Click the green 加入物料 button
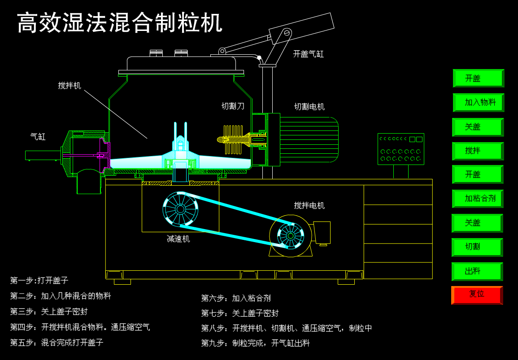pyautogui.click(x=479, y=103)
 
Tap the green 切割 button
pyautogui.click(x=477, y=247)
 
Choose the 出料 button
pyautogui.click(x=477, y=271)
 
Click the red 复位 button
pyautogui.click(x=477, y=295)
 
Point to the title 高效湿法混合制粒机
pyautogui.click(x=120, y=23)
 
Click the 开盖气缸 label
pyautogui.click(x=308, y=54)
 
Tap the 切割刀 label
pyautogui.click(x=233, y=106)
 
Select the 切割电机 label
pyautogui.click(x=309, y=107)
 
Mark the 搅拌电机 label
pyautogui.click(x=309, y=205)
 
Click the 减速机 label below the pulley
pyautogui.click(x=178, y=239)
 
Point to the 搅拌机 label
pyautogui.click(x=70, y=86)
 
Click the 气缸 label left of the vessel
pyautogui.click(x=38, y=137)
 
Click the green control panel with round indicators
pyautogui.click(x=400, y=149)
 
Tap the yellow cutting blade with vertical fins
pyautogui.click(x=233, y=139)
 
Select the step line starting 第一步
pyautogui.click(x=39, y=281)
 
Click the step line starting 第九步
pyautogui.click(x=255, y=343)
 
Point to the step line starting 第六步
pyautogui.click(x=236, y=298)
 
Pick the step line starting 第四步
pyautogui.click(x=80, y=327)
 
